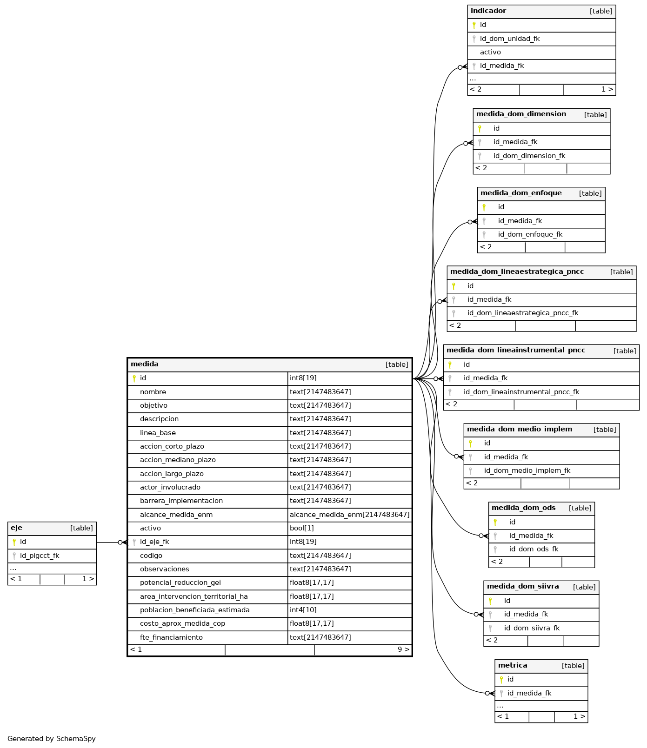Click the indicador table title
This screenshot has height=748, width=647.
point(488,11)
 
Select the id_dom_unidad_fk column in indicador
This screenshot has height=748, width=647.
point(509,39)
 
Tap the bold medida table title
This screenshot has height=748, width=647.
point(145,364)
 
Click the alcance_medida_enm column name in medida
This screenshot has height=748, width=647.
point(176,515)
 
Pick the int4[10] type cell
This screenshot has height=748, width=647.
point(303,610)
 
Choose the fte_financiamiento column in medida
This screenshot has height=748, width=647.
point(171,637)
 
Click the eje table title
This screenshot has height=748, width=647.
point(16,528)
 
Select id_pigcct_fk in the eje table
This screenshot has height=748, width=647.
point(40,556)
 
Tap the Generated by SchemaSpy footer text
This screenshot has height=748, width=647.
point(52,739)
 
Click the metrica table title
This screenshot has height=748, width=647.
point(513,665)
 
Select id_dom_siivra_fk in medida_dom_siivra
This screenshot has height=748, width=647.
point(532,628)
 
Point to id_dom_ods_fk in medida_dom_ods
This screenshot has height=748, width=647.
point(534,549)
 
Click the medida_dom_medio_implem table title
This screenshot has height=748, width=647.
point(520,429)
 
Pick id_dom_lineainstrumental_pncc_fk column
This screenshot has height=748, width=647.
point(521,392)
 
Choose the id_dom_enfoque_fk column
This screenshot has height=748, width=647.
point(530,234)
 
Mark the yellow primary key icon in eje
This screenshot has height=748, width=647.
point(14,542)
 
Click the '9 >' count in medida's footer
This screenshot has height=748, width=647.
point(404,649)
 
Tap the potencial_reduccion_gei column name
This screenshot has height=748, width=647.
point(180,583)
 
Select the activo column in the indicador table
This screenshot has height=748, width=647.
point(490,52)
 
